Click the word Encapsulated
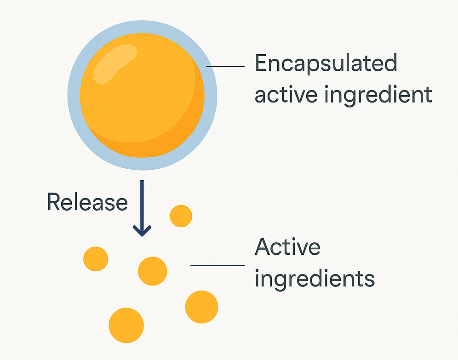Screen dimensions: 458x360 326,63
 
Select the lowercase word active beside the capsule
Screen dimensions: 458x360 286,94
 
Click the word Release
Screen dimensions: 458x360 87,202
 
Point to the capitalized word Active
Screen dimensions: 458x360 288,246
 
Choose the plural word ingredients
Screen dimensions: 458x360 315,279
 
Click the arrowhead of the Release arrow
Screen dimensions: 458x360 142,231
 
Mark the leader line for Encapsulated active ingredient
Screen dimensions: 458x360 225,67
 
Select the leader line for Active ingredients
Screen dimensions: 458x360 218,265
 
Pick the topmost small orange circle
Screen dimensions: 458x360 181,216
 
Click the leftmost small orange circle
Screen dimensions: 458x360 96,259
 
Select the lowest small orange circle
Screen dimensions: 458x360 126,325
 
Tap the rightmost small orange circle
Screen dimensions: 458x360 201,307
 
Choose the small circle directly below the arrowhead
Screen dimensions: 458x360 153,271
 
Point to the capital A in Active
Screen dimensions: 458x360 262,246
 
